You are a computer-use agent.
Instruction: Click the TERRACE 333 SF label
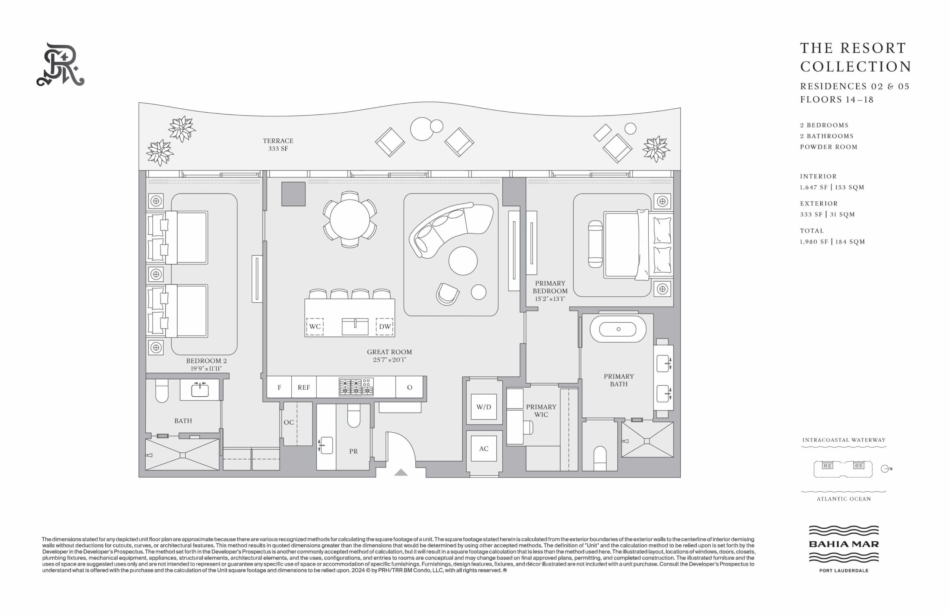coord(278,144)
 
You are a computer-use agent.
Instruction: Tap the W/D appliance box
coord(483,407)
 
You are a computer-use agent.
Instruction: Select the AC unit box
coord(483,449)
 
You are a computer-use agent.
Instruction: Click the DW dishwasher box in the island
coord(385,326)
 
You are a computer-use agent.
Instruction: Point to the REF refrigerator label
coord(304,387)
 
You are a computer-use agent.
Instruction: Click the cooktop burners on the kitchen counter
coord(356,387)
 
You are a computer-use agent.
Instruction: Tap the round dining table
coord(350,219)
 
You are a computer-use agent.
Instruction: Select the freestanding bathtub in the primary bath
coord(618,329)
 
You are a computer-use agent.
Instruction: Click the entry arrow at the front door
coord(401,472)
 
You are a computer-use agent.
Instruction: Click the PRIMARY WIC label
coord(541,411)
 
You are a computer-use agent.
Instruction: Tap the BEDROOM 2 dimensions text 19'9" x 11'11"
coord(206,369)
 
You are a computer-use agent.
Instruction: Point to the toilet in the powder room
coord(354,416)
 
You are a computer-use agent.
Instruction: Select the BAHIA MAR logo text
coord(844,544)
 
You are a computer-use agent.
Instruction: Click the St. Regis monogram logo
coord(60,65)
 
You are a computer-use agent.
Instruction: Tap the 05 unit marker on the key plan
coord(859,466)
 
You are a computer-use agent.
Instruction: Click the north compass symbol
coord(886,469)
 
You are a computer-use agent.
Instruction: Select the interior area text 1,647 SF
coord(813,187)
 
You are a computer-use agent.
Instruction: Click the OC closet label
coord(288,422)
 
